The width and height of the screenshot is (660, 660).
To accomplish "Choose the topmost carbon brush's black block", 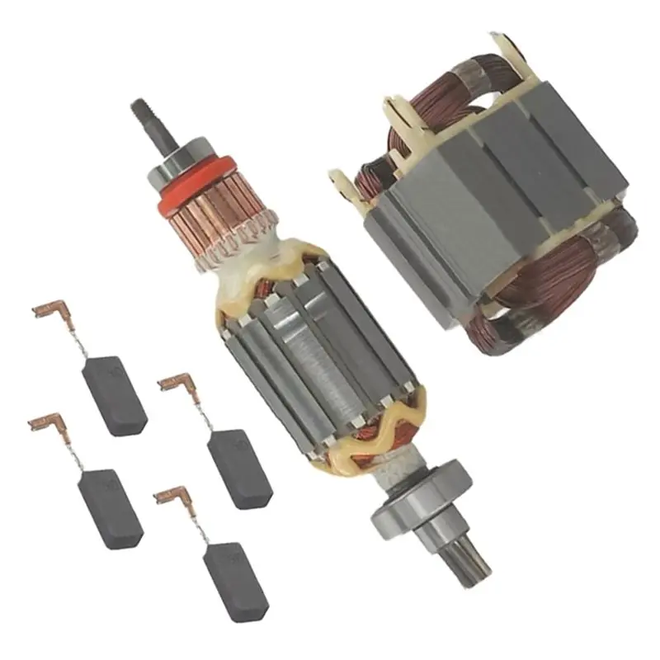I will click(x=115, y=393).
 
